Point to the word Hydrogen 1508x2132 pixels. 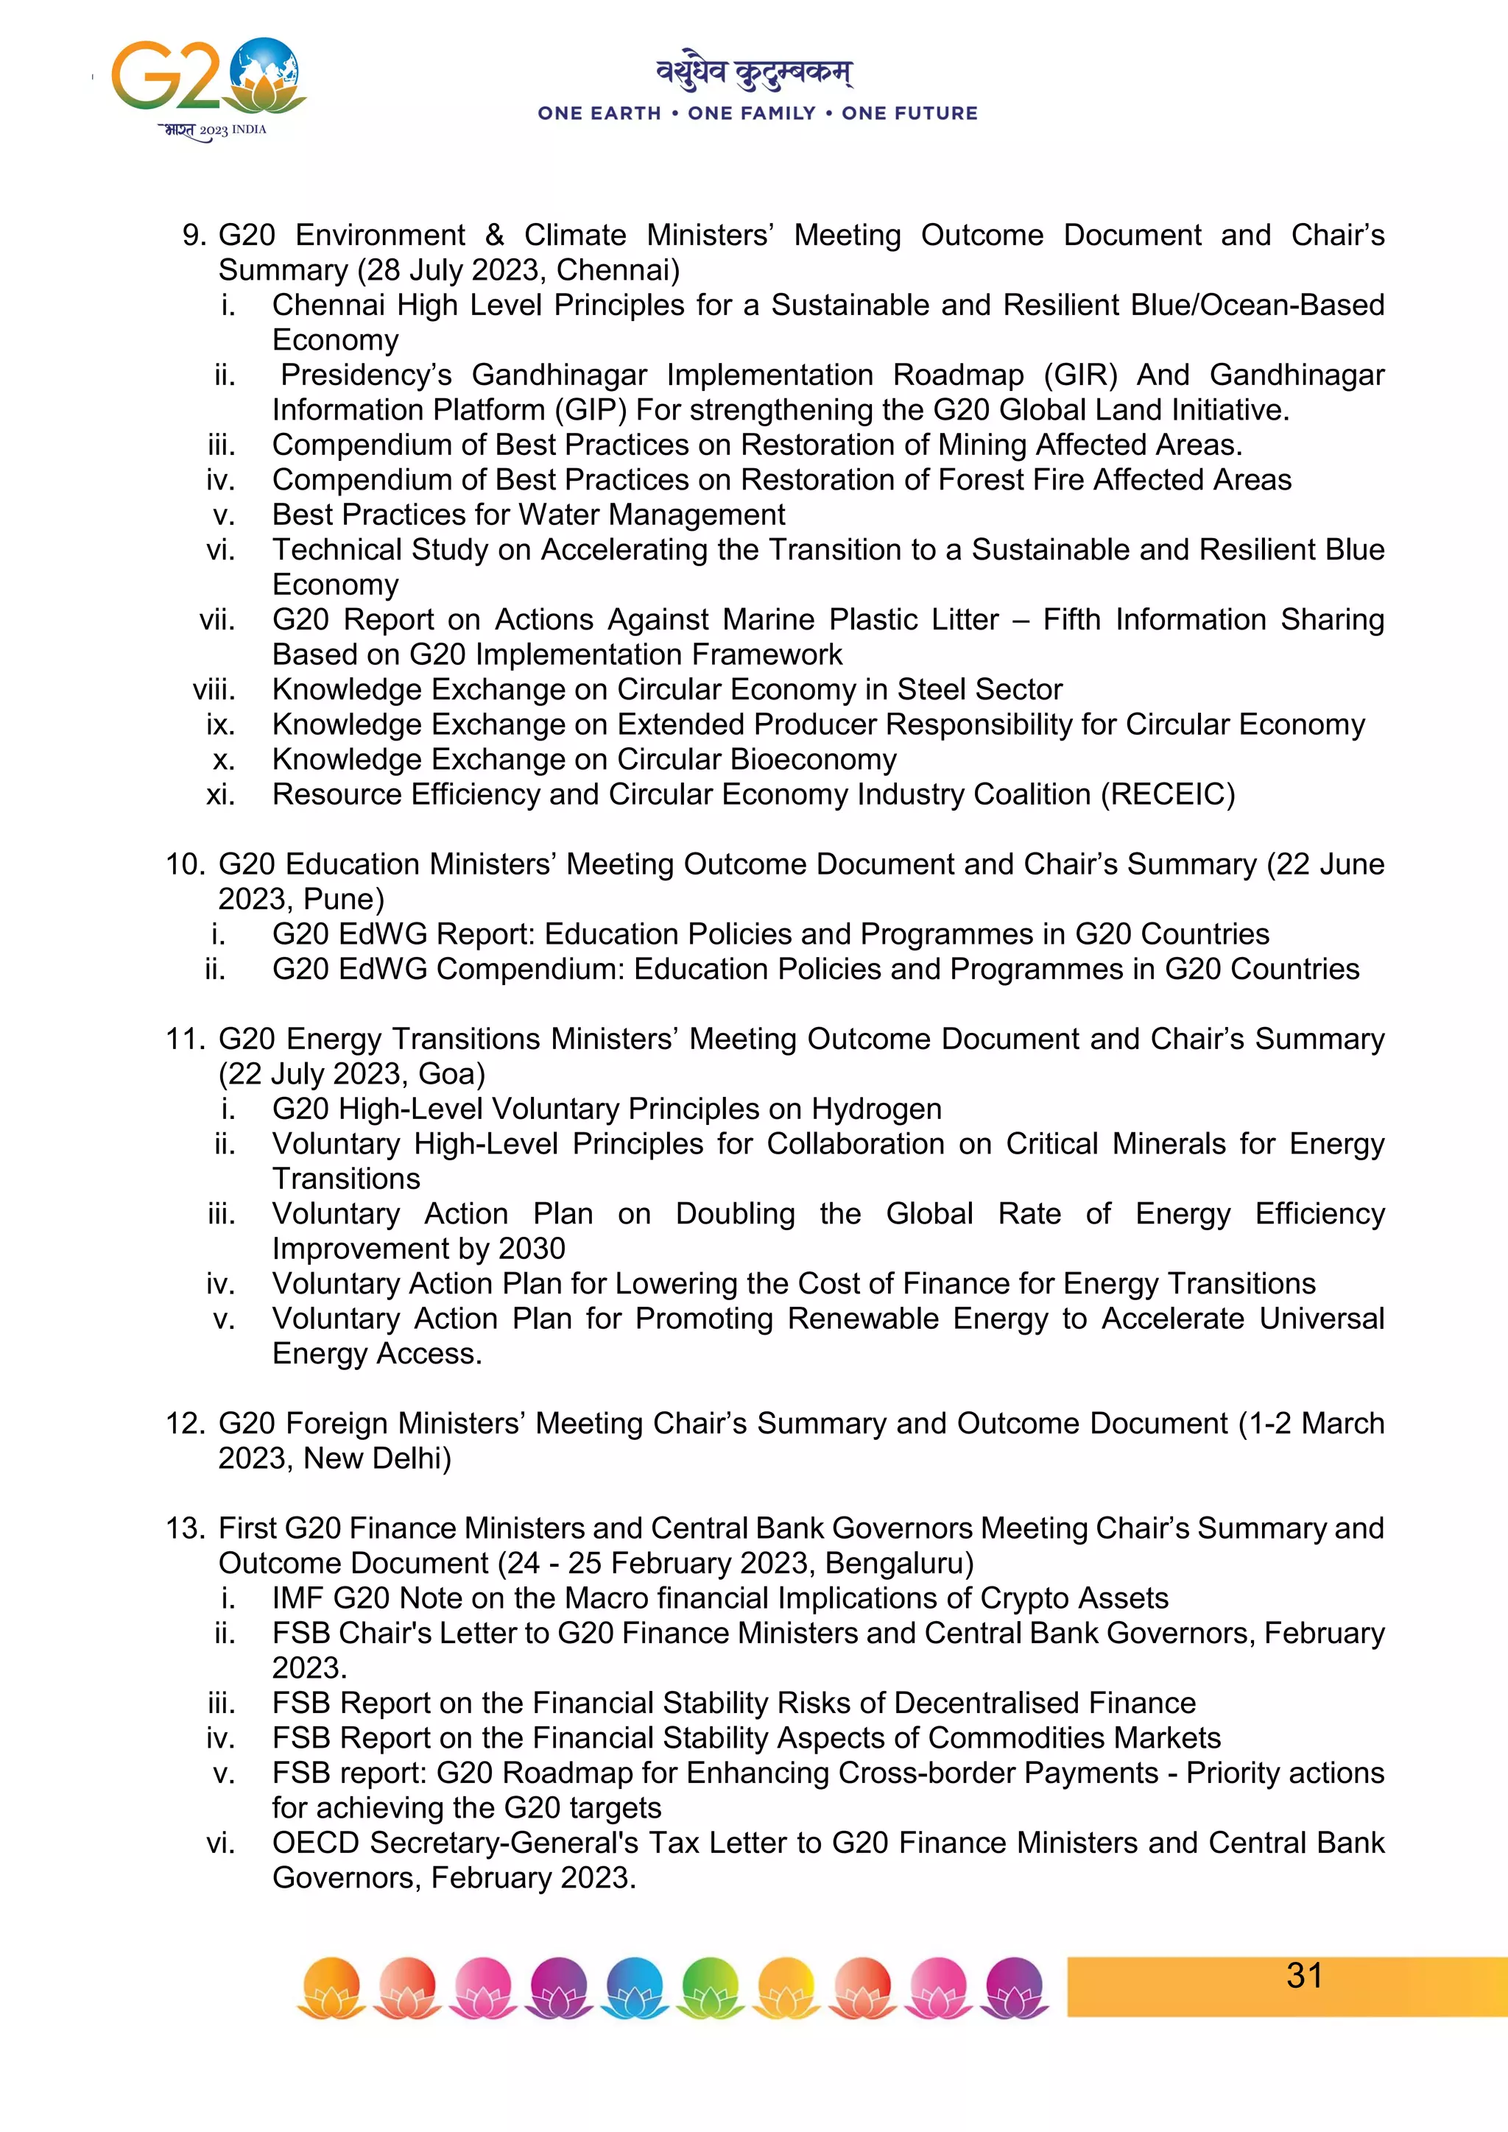pyautogui.click(x=876, y=1109)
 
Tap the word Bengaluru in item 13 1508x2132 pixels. pyautogui.click(x=898, y=1564)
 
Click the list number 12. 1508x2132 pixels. pyautogui.click(x=184, y=1424)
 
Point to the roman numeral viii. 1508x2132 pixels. pyautogui.click(x=214, y=690)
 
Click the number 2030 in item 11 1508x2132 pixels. pyautogui.click(x=532, y=1249)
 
